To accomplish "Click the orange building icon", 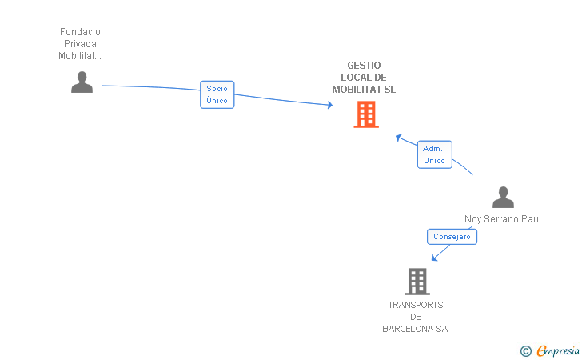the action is click(x=366, y=114).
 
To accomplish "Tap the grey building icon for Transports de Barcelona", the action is click(x=417, y=282).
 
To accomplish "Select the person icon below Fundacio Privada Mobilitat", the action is click(x=82, y=82).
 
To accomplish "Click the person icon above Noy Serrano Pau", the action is click(x=503, y=198).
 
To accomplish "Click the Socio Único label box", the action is click(x=217, y=94).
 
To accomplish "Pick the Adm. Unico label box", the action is click(x=435, y=154).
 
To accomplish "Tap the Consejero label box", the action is click(x=452, y=237).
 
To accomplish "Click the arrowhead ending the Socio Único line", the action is click(x=330, y=105).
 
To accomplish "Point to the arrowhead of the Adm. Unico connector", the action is click(x=399, y=138).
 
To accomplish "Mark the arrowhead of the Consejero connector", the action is click(x=434, y=258).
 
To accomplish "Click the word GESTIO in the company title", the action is click(x=364, y=66).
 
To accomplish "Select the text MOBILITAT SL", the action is click(x=364, y=90).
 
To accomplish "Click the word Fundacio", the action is click(x=80, y=32).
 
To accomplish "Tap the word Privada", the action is click(x=80, y=44).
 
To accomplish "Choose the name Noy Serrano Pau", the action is click(x=501, y=219).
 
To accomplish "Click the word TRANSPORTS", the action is click(x=416, y=305).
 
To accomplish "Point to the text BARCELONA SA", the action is click(x=415, y=329).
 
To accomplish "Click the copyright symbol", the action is click(x=525, y=351).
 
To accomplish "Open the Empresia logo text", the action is click(x=558, y=350).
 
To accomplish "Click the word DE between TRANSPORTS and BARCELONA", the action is click(x=416, y=317).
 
